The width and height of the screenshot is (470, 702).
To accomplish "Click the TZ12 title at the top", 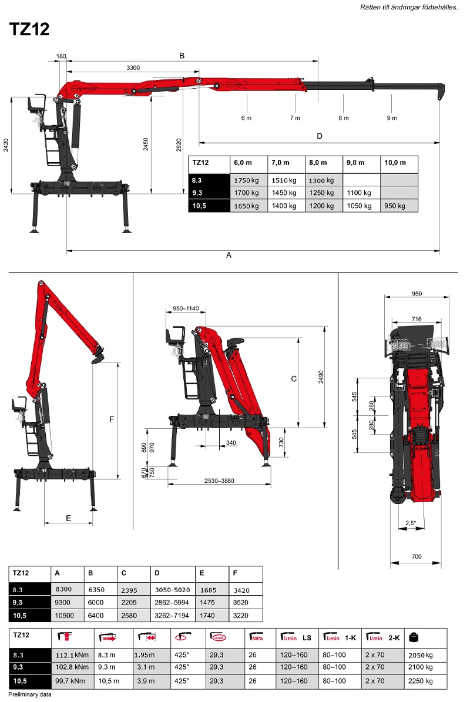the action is [29, 29].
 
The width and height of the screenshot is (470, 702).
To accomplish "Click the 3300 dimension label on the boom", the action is [133, 68].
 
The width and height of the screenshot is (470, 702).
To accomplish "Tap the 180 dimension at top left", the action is [61, 56].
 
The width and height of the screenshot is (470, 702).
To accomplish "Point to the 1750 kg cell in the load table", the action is [246, 180].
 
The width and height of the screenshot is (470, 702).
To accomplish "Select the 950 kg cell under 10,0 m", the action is [394, 206].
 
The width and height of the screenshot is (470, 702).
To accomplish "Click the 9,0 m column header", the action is [355, 163].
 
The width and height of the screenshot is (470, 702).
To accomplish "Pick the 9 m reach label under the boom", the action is [392, 117].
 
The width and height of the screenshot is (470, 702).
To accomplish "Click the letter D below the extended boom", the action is [319, 136].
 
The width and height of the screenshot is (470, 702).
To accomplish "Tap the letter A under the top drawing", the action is [229, 255].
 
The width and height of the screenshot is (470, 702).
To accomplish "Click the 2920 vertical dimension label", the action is [179, 146].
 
